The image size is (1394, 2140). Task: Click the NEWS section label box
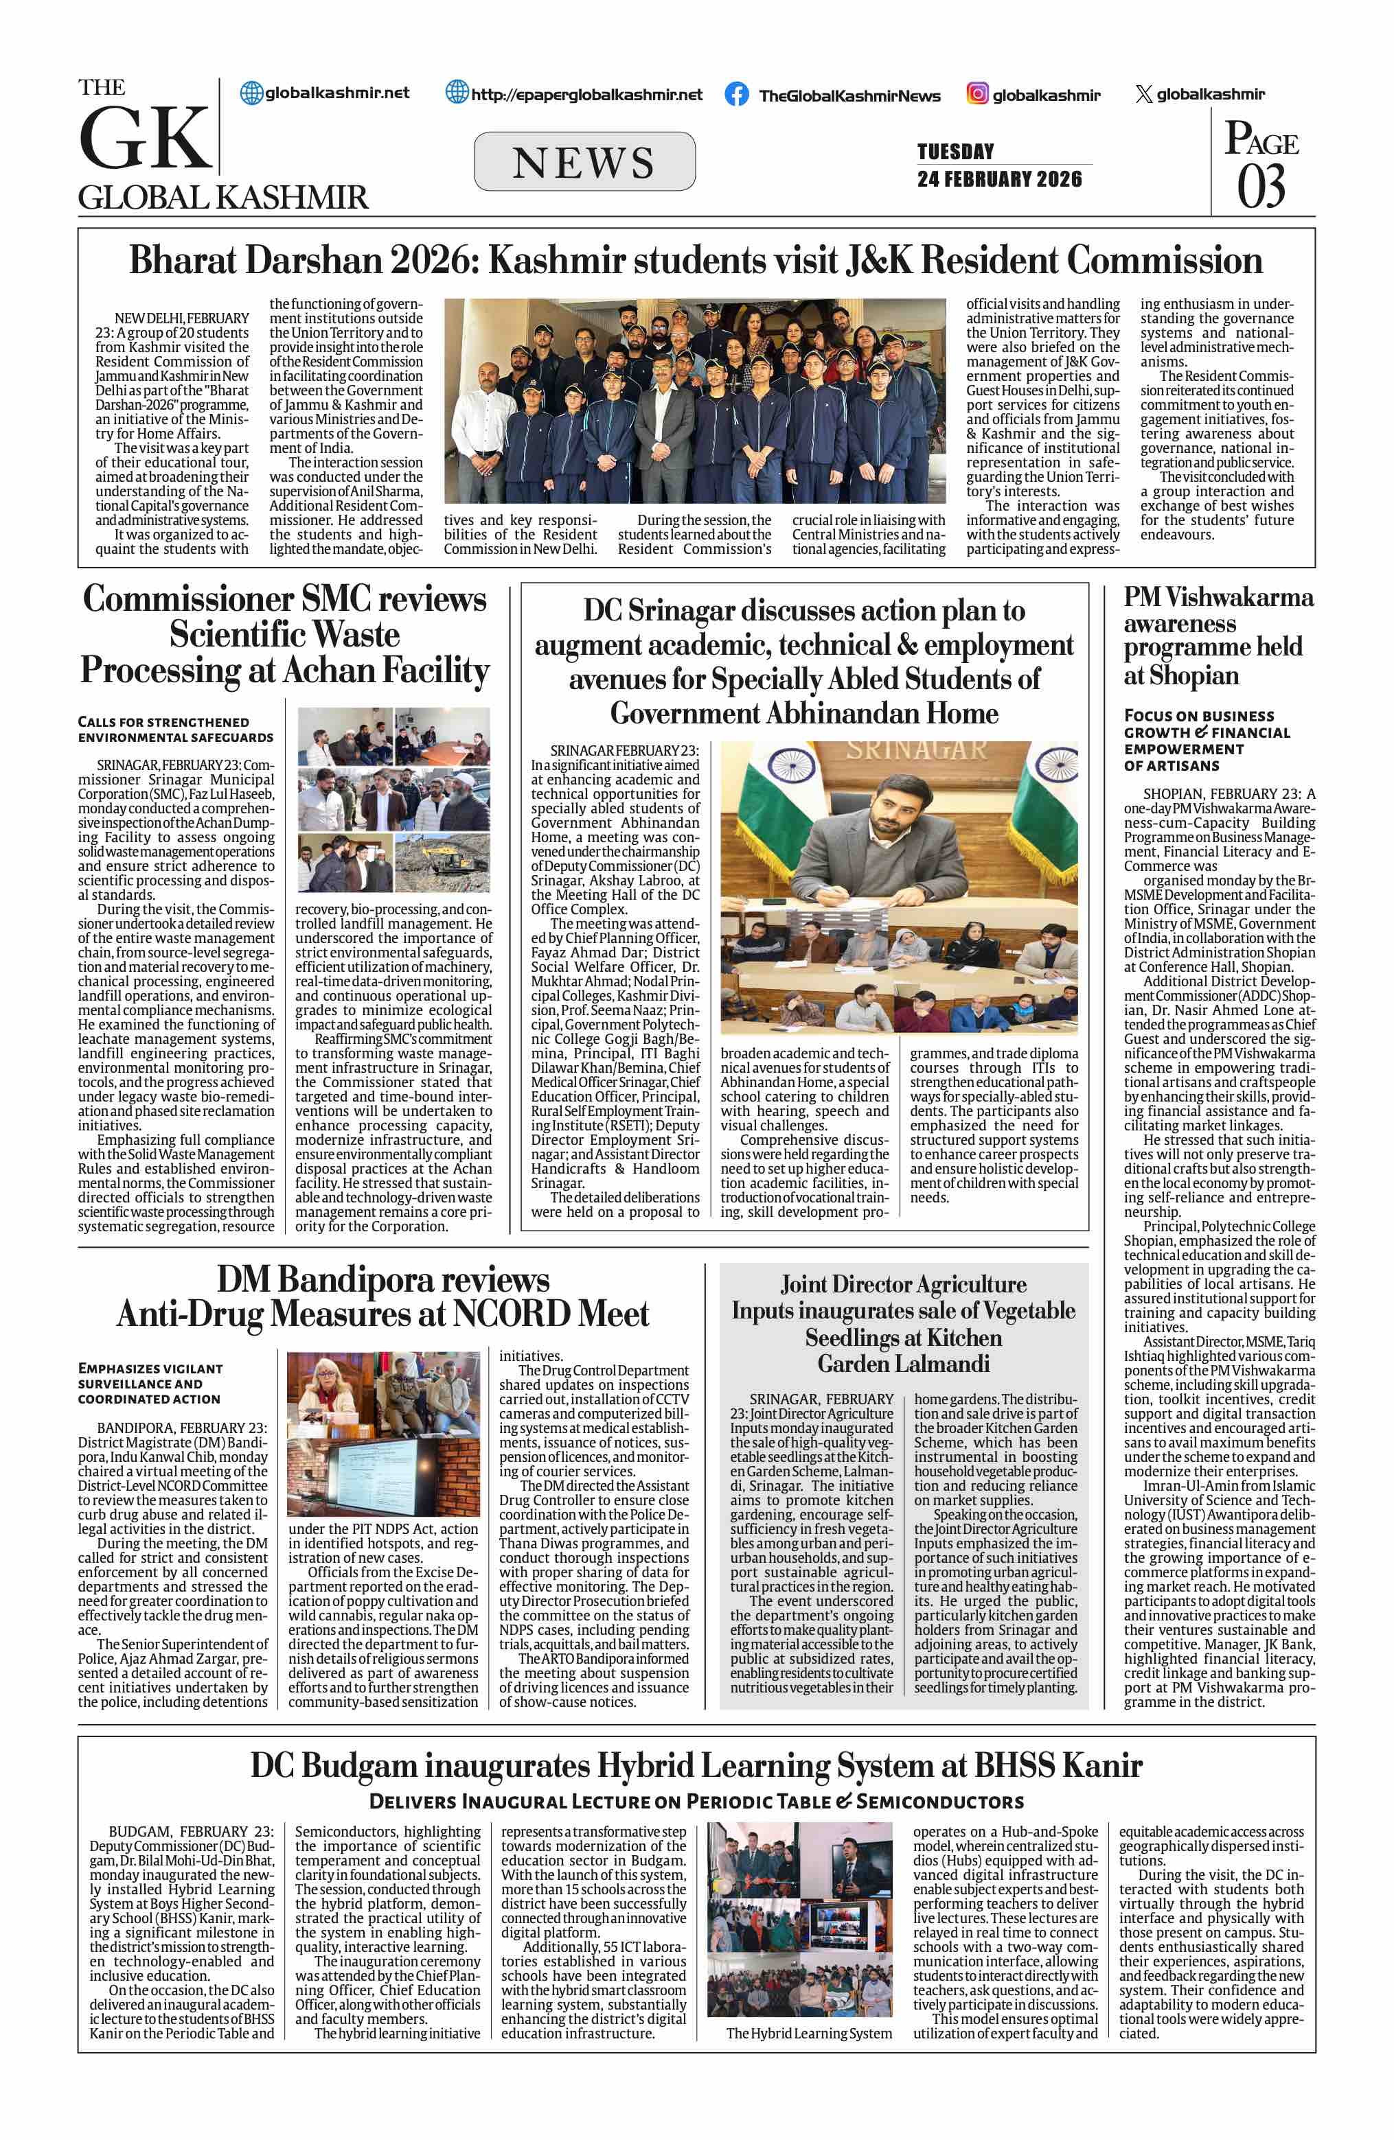tap(584, 162)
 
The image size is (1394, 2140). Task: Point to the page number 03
tap(1261, 187)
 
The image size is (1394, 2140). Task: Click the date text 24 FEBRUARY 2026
tap(999, 179)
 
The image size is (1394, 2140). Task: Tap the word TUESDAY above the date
tap(955, 151)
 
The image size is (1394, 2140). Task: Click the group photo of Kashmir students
tap(694, 401)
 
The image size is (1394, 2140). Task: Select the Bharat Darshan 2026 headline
tap(695, 261)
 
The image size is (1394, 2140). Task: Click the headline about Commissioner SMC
tap(285, 635)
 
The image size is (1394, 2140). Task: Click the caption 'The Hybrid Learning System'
tap(808, 2033)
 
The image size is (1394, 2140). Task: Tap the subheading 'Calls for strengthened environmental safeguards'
tap(175, 729)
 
